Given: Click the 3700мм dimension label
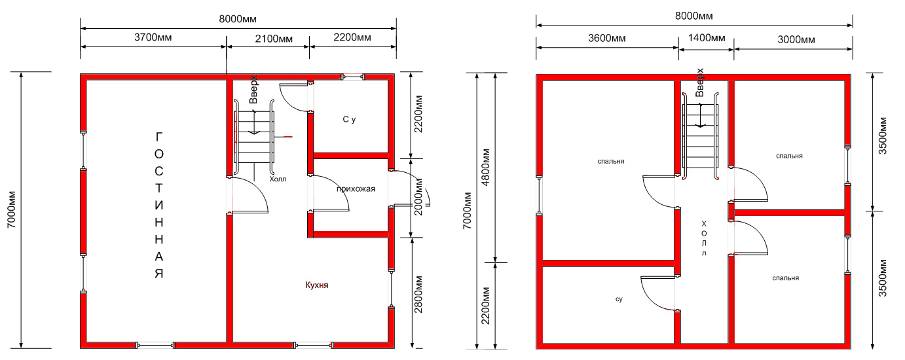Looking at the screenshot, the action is click(153, 37).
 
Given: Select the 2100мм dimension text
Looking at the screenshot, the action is click(274, 39).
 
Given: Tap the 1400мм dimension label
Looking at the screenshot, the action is click(706, 38).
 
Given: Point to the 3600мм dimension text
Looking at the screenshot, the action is click(607, 39).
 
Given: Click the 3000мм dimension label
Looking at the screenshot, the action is click(796, 39).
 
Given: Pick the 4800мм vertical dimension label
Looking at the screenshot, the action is click(486, 168).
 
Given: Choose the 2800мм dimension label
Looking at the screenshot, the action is click(418, 295).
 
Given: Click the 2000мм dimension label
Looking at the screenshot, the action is click(418, 197).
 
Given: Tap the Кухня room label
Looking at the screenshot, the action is click(317, 285).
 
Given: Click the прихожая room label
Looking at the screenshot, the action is click(356, 189).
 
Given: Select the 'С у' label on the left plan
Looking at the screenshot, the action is click(349, 119).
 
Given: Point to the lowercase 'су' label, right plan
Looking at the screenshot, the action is click(619, 299).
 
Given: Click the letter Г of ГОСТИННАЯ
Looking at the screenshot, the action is click(158, 137).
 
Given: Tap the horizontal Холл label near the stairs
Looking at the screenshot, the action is click(278, 179).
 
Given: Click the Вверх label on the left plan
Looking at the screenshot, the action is click(253, 89).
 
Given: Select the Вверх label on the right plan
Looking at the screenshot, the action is click(699, 82).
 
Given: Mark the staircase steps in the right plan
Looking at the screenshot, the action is click(700, 135).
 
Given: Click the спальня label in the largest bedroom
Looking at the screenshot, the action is click(611, 161).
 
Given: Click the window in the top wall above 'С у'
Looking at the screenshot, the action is click(353, 77).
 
